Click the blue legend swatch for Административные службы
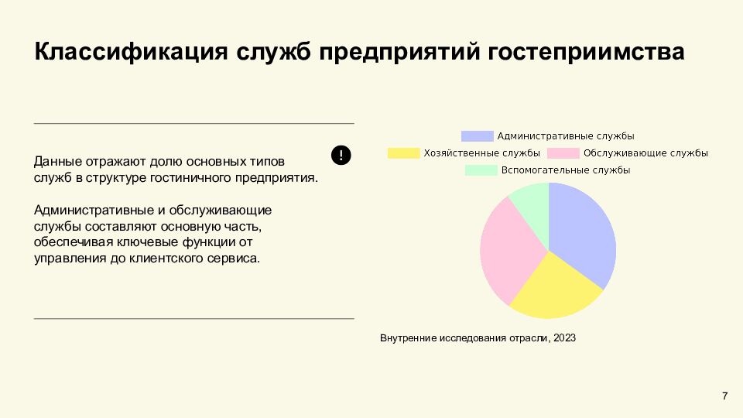(477, 136)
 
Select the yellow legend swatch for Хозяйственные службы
(403, 153)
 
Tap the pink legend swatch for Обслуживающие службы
(563, 153)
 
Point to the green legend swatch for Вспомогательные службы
(481, 170)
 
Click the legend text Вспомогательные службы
(566, 170)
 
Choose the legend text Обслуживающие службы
(646, 153)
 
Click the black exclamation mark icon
(341, 155)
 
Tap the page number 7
(724, 396)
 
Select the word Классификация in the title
(130, 53)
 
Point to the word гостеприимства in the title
(586, 53)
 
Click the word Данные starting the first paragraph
(59, 162)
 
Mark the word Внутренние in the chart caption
(408, 338)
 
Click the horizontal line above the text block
(193, 123)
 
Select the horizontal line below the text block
(193, 318)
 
